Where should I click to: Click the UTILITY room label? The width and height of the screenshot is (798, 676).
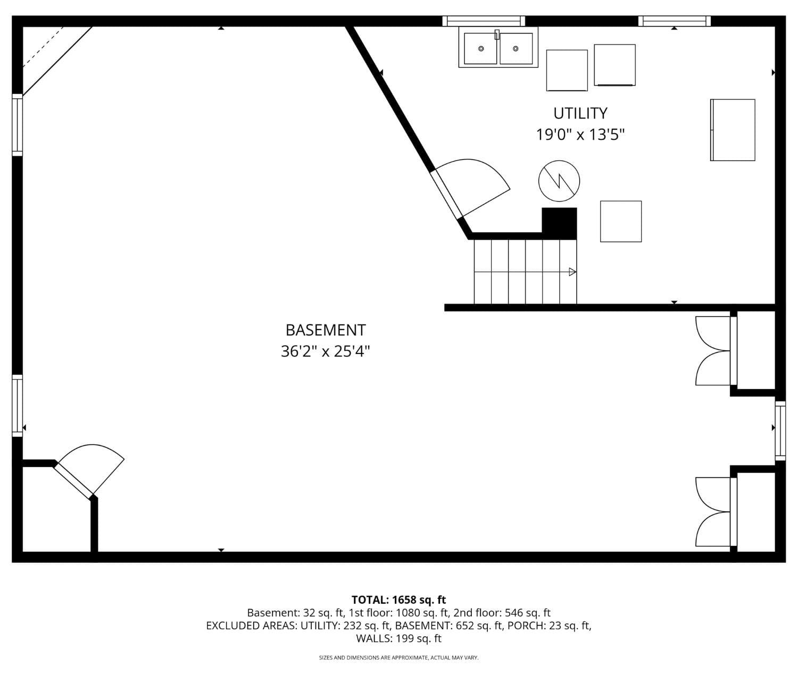(580, 113)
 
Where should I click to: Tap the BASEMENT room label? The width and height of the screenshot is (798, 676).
(326, 330)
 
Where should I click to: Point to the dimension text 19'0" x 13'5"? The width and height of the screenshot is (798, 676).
(580, 134)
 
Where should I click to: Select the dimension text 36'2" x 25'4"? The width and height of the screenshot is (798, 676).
(326, 351)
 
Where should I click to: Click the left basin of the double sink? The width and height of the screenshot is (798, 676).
(480, 48)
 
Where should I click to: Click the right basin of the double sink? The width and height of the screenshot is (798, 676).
(516, 48)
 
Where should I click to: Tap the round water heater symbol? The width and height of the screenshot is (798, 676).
(559, 181)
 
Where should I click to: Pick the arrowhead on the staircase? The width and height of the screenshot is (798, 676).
(572, 272)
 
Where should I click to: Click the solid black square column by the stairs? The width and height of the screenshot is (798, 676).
(560, 222)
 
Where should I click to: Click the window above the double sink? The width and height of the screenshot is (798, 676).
(484, 21)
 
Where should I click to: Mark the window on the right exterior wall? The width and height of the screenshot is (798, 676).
(780, 431)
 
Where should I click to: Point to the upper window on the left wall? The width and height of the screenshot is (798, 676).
(18, 125)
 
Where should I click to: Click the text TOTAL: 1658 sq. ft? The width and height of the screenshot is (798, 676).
(399, 600)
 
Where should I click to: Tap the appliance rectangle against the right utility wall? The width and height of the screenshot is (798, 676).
(733, 130)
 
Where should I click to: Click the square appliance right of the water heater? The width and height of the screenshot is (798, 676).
(621, 222)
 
